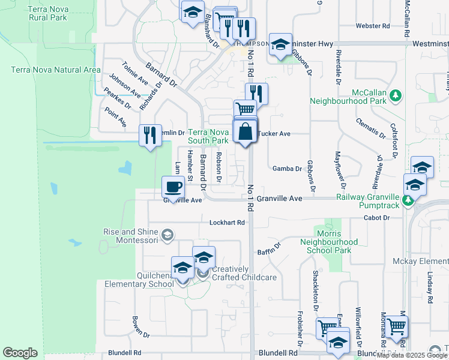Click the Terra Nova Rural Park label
46,13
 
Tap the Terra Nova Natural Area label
56,70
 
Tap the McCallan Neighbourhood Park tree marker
395,95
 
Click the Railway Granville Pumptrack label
367,201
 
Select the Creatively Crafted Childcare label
244,274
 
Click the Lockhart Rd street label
228,223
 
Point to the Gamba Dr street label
287,169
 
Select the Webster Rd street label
373,26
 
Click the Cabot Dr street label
378,218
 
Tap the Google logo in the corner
20,353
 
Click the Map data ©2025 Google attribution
412,355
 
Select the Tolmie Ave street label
134,73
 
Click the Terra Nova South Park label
208,136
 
